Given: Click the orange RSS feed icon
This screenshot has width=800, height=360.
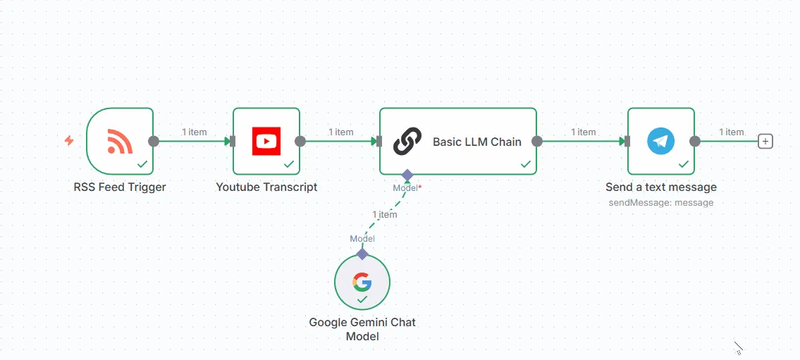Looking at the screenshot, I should [x=120, y=141].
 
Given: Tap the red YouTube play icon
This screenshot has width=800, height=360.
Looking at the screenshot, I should [x=266, y=141].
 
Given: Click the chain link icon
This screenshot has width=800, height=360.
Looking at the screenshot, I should [x=407, y=141].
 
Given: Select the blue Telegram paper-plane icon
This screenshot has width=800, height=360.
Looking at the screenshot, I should [x=660, y=141].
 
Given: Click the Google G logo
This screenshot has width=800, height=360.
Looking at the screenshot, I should [x=362, y=282].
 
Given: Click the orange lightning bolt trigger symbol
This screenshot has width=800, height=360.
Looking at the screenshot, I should [x=69, y=141].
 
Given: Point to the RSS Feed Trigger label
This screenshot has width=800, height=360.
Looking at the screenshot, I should [x=120, y=187].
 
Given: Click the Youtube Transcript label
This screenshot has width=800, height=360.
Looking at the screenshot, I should [x=266, y=187].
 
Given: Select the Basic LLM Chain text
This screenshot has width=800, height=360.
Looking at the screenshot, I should [x=477, y=142].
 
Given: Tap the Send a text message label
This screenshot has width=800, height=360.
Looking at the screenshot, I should [x=661, y=187].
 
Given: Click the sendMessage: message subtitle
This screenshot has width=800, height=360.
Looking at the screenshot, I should [x=661, y=202].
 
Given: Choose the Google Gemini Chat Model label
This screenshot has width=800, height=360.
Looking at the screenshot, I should [x=362, y=330].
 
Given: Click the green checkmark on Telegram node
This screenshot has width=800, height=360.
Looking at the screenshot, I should [x=683, y=164].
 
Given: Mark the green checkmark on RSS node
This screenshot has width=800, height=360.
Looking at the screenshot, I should [x=142, y=164].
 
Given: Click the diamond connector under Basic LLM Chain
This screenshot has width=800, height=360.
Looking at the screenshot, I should [x=407, y=174].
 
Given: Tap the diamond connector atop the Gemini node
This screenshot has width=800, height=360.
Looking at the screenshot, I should [x=362, y=254].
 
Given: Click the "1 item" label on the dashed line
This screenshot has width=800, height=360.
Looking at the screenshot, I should [x=385, y=214].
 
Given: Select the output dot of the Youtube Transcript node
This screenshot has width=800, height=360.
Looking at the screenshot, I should [x=300, y=141].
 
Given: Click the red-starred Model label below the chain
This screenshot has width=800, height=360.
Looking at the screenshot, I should [x=407, y=187].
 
